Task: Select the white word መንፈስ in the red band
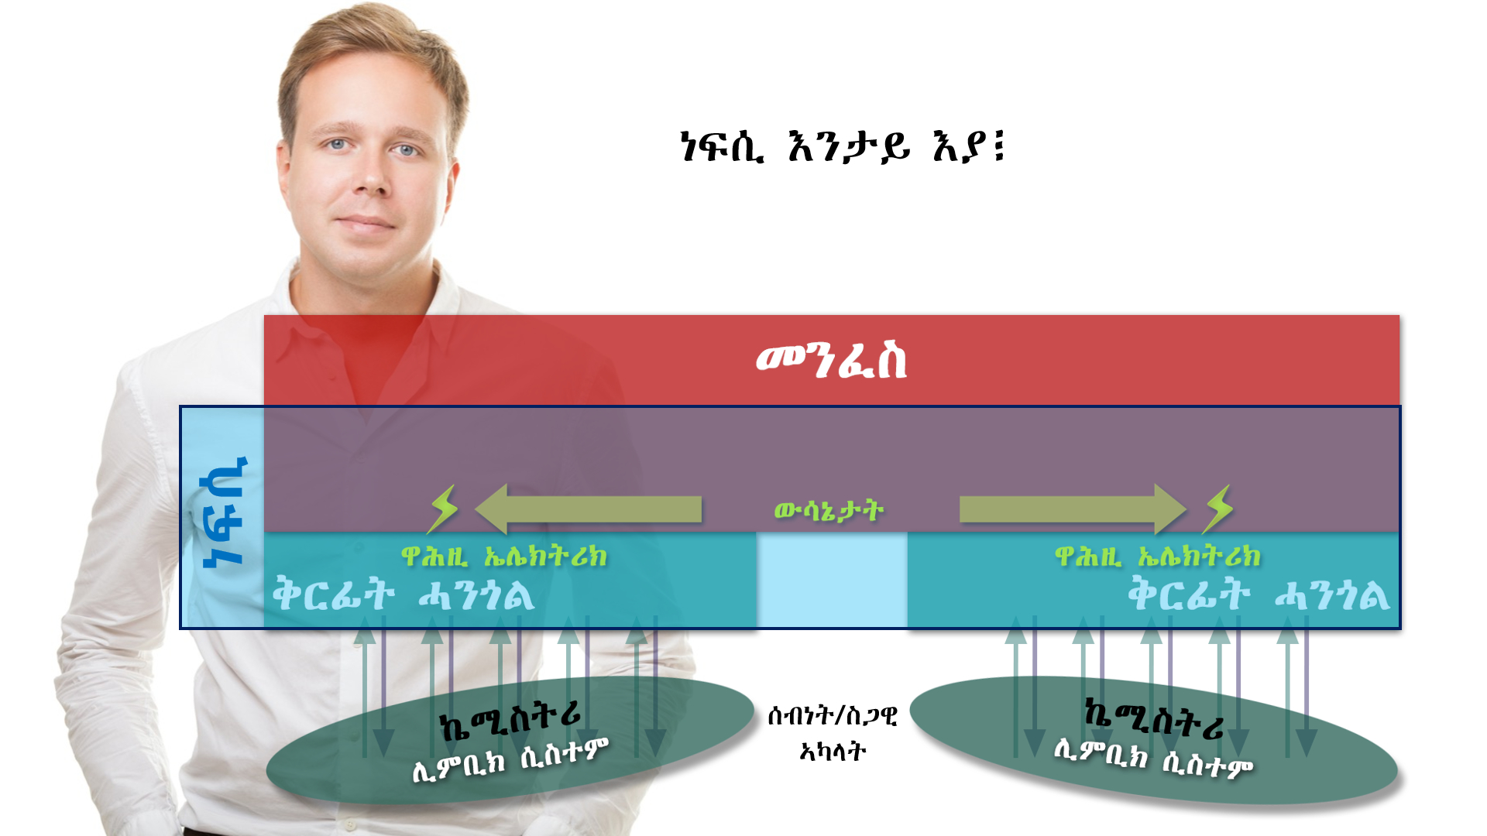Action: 831,361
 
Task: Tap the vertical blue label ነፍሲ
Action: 224,512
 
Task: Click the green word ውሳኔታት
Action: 829,511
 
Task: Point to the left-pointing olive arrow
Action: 588,509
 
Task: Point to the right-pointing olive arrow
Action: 1073,509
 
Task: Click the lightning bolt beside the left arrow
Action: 443,509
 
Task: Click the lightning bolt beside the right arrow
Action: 1218,509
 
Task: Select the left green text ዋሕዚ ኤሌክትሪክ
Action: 504,557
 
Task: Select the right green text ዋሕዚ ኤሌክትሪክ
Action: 1158,557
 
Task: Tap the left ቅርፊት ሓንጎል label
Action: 403,594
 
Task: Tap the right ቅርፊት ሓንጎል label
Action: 1259,594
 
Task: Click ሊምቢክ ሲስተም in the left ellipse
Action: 510,761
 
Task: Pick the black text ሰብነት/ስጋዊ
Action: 833,716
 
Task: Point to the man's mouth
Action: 365,224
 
